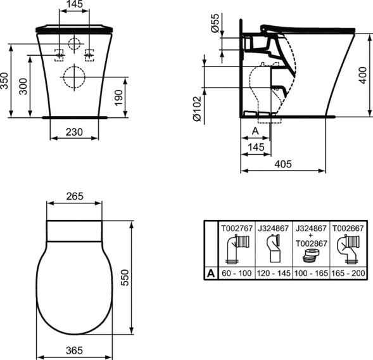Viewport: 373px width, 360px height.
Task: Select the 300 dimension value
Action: [x=24, y=87]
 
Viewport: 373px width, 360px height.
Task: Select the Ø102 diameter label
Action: [x=197, y=108]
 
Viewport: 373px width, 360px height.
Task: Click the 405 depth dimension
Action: [x=283, y=164]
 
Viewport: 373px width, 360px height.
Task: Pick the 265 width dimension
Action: [x=75, y=196]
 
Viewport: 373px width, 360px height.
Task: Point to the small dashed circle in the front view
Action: [x=75, y=44]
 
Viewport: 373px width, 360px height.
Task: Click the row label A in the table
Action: [x=209, y=273]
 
